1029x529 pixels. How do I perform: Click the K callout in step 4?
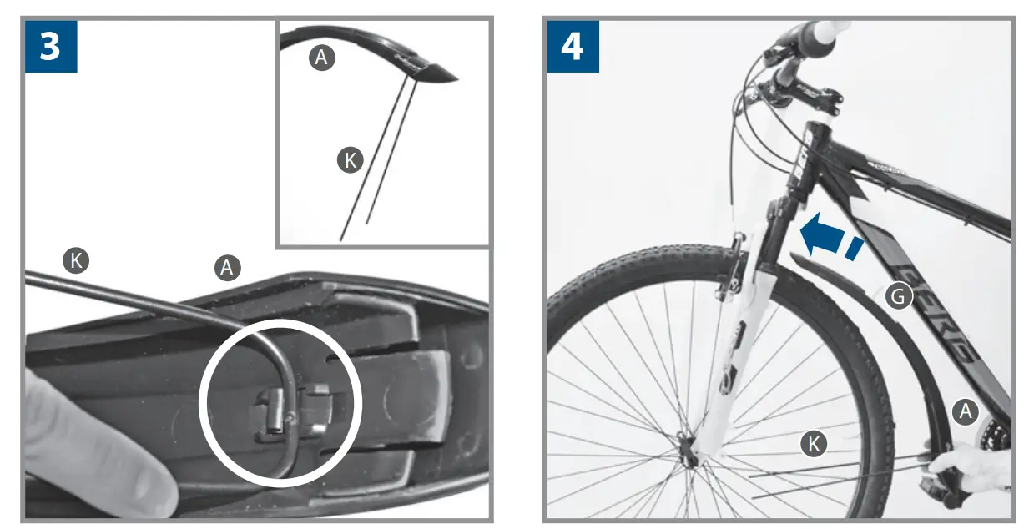(x=813, y=444)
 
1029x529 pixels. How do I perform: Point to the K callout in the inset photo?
(x=351, y=160)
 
